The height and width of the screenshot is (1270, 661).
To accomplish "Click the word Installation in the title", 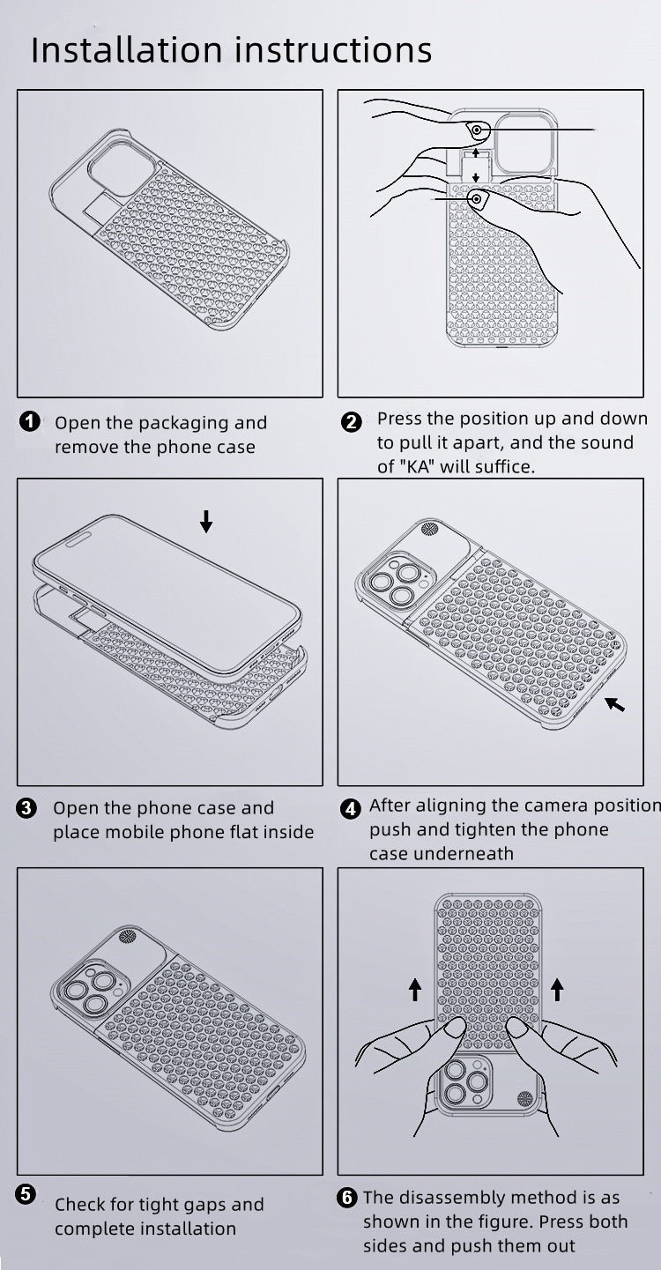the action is tap(126, 49).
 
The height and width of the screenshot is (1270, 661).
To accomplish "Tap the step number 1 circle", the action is tap(29, 421).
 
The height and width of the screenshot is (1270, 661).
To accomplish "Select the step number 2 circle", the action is tap(352, 422).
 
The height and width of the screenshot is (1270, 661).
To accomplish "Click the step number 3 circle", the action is tap(26, 808).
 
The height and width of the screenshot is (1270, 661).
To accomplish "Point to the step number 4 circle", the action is tap(351, 808).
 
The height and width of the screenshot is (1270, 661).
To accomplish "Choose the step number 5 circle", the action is tap(26, 1193).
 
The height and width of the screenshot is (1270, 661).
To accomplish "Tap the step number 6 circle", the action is tap(347, 1198).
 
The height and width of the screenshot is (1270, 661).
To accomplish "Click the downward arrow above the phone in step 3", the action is tap(206, 521).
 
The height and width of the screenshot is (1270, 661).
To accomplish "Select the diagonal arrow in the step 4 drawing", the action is tap(614, 704).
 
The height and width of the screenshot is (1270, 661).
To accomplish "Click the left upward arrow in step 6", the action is tap(415, 990).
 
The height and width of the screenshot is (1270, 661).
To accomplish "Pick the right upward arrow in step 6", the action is tap(557, 990).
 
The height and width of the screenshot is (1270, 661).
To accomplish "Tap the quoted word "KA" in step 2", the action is tap(417, 467).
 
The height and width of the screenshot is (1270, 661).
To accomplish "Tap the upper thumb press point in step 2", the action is tap(478, 131).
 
